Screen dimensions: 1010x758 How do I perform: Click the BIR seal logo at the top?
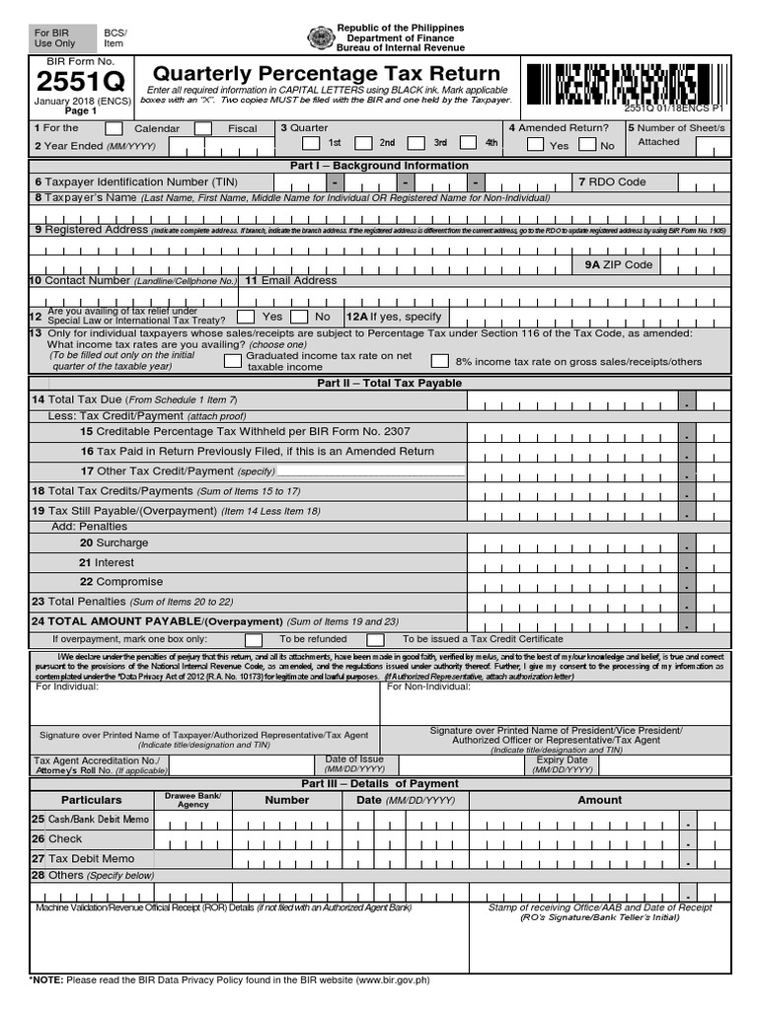[321, 37]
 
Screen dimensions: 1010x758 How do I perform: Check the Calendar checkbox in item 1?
[114, 129]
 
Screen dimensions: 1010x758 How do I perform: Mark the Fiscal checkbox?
[202, 129]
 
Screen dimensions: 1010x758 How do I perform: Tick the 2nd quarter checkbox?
[363, 143]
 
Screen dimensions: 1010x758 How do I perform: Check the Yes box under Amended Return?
[535, 145]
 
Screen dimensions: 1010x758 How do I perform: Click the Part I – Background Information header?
[379, 166]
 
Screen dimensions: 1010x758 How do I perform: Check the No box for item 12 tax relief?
[293, 317]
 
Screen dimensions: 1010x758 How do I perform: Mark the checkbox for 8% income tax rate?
[439, 361]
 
